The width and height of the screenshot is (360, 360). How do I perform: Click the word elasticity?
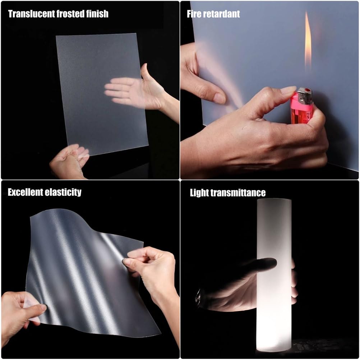[63, 192]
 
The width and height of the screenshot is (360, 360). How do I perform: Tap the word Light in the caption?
[199, 193]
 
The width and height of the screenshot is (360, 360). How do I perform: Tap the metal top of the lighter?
[305, 95]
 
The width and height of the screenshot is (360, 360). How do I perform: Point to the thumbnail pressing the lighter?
[289, 90]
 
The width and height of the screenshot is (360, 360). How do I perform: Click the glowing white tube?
[274, 276]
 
